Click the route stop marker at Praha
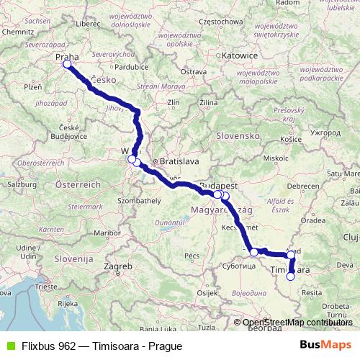tap(67, 64)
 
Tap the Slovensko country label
tap(238, 135)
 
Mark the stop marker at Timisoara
tap(291, 276)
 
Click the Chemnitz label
tap(17, 32)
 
